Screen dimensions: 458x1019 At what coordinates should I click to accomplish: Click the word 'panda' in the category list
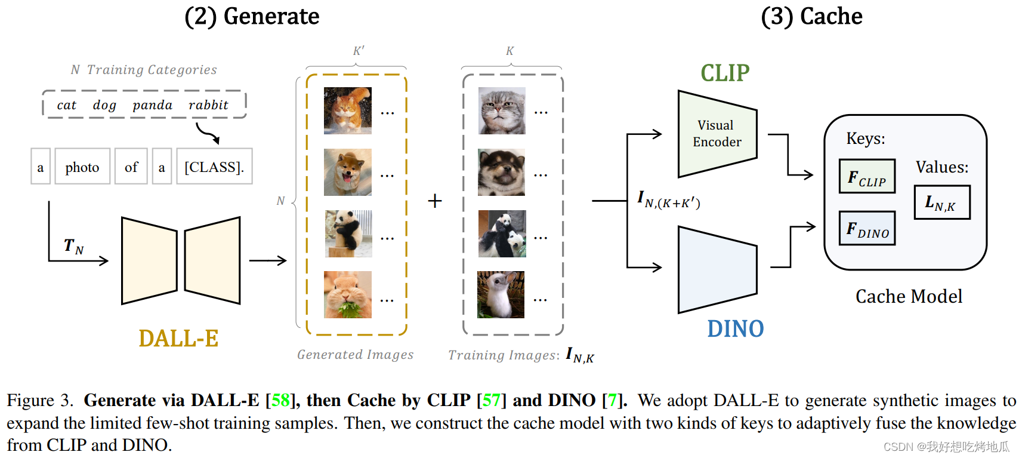pyautogui.click(x=152, y=105)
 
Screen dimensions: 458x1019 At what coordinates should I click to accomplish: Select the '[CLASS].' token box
pyautogui.click(x=214, y=167)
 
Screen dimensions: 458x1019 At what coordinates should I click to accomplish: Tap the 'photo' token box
pyautogui.click(x=82, y=167)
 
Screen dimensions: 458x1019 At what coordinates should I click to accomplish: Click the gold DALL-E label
pyautogui.click(x=178, y=338)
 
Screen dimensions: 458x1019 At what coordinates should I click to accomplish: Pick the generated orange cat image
pyautogui.click(x=348, y=110)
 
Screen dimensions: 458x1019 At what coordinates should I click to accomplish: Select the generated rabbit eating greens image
pyautogui.click(x=348, y=294)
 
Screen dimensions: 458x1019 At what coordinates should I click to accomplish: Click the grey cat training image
pyautogui.click(x=502, y=110)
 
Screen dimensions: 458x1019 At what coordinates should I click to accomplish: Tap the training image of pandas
pyautogui.click(x=502, y=233)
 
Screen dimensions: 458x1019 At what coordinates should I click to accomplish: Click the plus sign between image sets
pyautogui.click(x=435, y=201)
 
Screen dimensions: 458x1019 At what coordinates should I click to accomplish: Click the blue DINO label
pyautogui.click(x=735, y=328)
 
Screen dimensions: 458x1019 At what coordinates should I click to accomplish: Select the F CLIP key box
pyautogui.click(x=867, y=176)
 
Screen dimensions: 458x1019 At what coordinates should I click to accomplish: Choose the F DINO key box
pyautogui.click(x=867, y=228)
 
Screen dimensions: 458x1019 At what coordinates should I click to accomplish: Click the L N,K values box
pyautogui.click(x=942, y=202)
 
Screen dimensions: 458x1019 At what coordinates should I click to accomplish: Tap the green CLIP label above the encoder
pyautogui.click(x=725, y=73)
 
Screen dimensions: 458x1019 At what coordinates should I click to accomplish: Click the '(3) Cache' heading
pyautogui.click(x=811, y=16)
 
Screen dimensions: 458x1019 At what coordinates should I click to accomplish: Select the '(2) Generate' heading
pyautogui.click(x=252, y=16)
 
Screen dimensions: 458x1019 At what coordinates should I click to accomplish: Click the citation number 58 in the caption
pyautogui.click(x=280, y=400)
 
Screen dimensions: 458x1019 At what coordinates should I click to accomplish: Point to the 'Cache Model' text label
pyautogui.click(x=909, y=296)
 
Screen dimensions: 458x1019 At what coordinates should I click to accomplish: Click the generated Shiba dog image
pyautogui.click(x=348, y=172)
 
